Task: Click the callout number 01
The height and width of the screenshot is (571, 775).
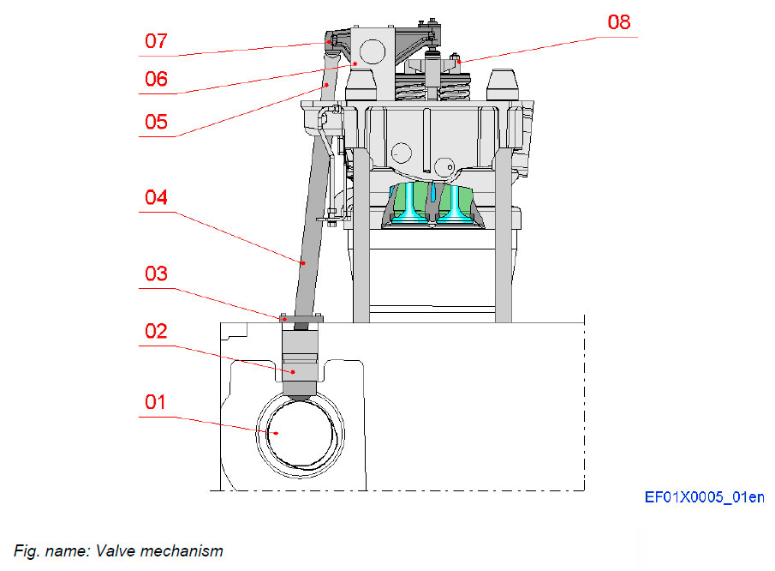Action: click(x=155, y=401)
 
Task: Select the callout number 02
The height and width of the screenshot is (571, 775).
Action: click(x=155, y=331)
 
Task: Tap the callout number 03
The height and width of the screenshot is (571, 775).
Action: click(x=155, y=275)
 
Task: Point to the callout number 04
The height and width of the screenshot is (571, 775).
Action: click(x=155, y=198)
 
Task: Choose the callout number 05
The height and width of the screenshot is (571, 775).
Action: click(x=155, y=121)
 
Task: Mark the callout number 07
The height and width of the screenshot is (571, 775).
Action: click(x=155, y=40)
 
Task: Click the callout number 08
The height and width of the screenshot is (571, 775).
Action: click(x=619, y=22)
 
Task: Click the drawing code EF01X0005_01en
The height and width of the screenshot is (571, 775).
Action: click(x=705, y=497)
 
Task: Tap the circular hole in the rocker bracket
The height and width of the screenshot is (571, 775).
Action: click(x=373, y=51)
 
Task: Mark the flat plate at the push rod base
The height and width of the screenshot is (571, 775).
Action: click(x=301, y=319)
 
